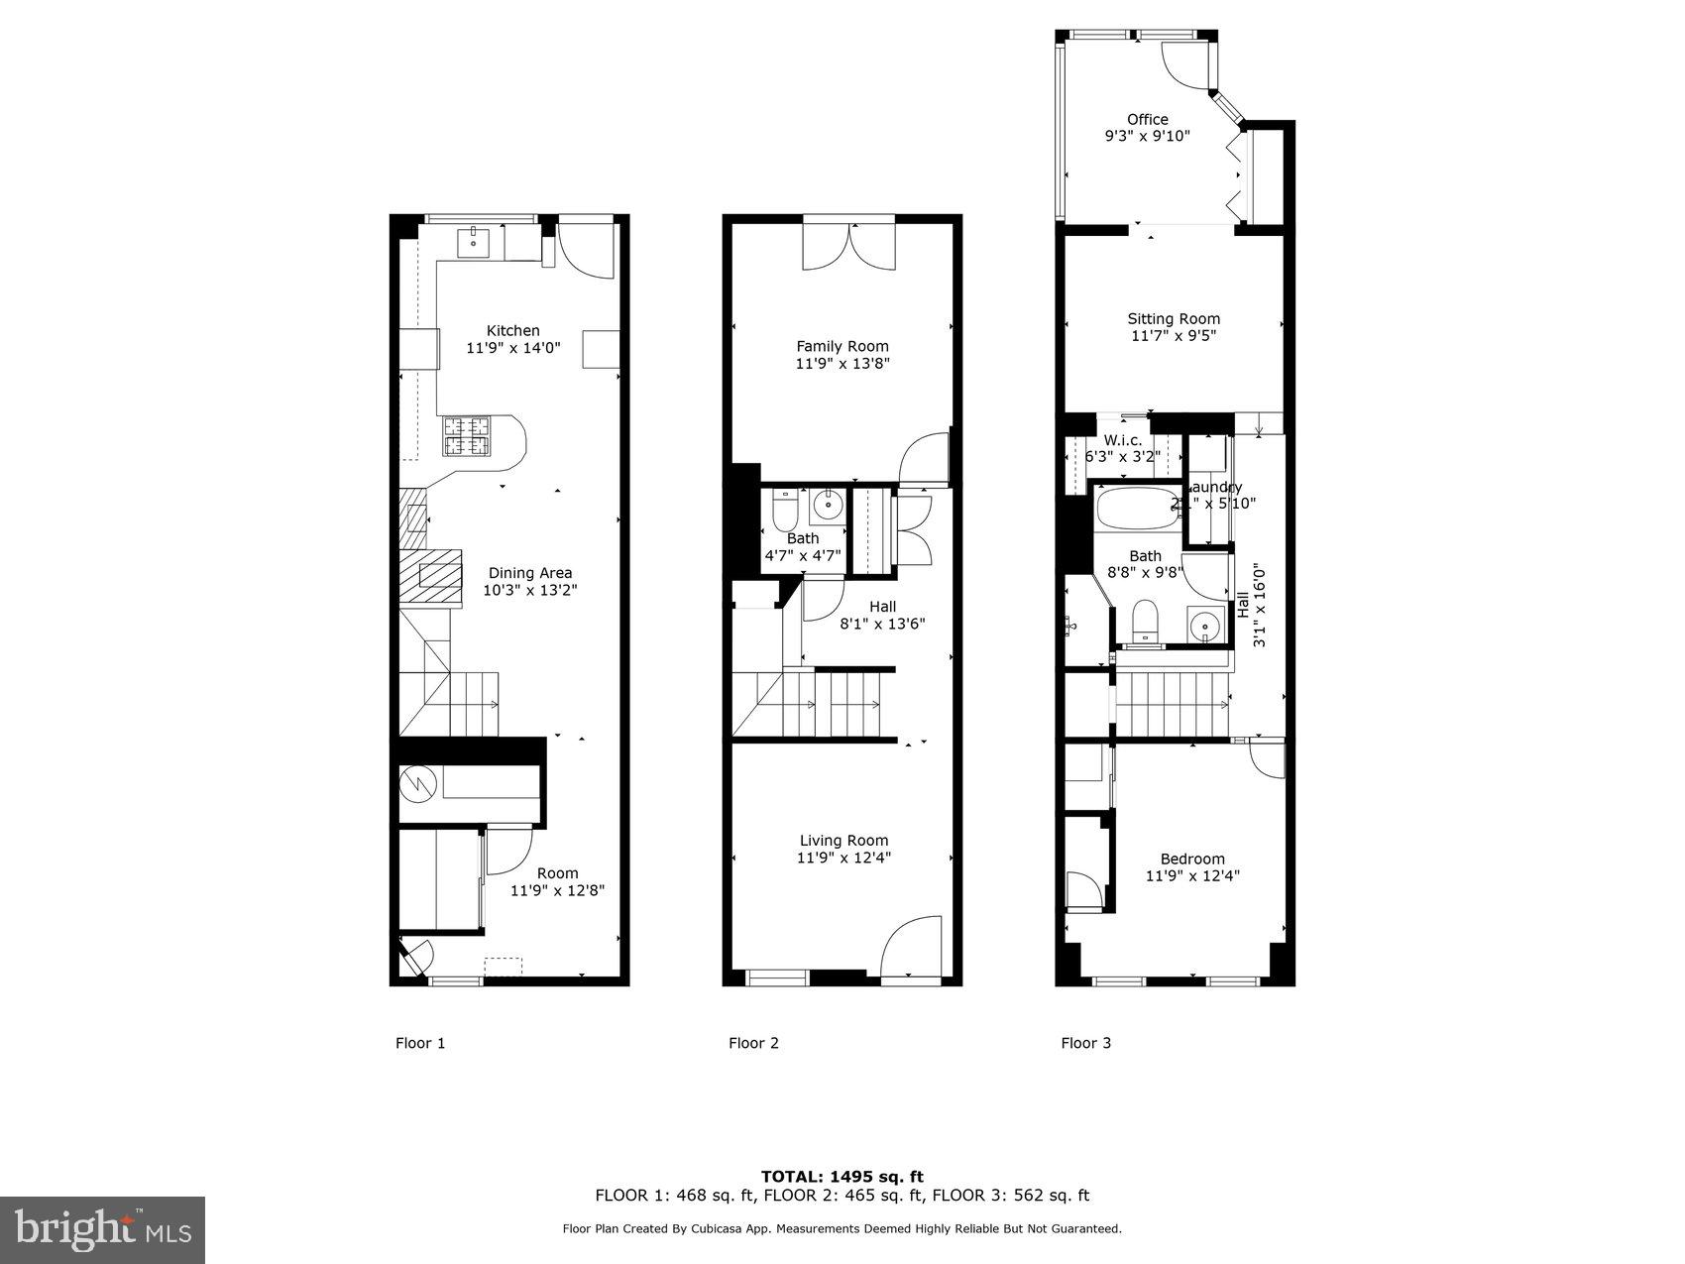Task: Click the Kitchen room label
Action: (512, 330)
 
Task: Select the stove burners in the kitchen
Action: (467, 436)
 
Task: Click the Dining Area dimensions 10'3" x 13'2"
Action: (529, 590)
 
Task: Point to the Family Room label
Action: (842, 346)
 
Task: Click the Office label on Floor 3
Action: (1147, 119)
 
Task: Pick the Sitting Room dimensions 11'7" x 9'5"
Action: (1173, 336)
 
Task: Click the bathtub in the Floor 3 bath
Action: (1135, 510)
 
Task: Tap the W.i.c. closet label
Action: (1122, 440)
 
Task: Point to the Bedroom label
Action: (1191, 859)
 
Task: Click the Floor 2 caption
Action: (753, 1043)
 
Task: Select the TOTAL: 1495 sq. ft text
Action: (842, 1177)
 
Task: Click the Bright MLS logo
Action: (103, 1230)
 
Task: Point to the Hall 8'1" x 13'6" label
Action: (882, 607)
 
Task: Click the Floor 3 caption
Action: (1085, 1043)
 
